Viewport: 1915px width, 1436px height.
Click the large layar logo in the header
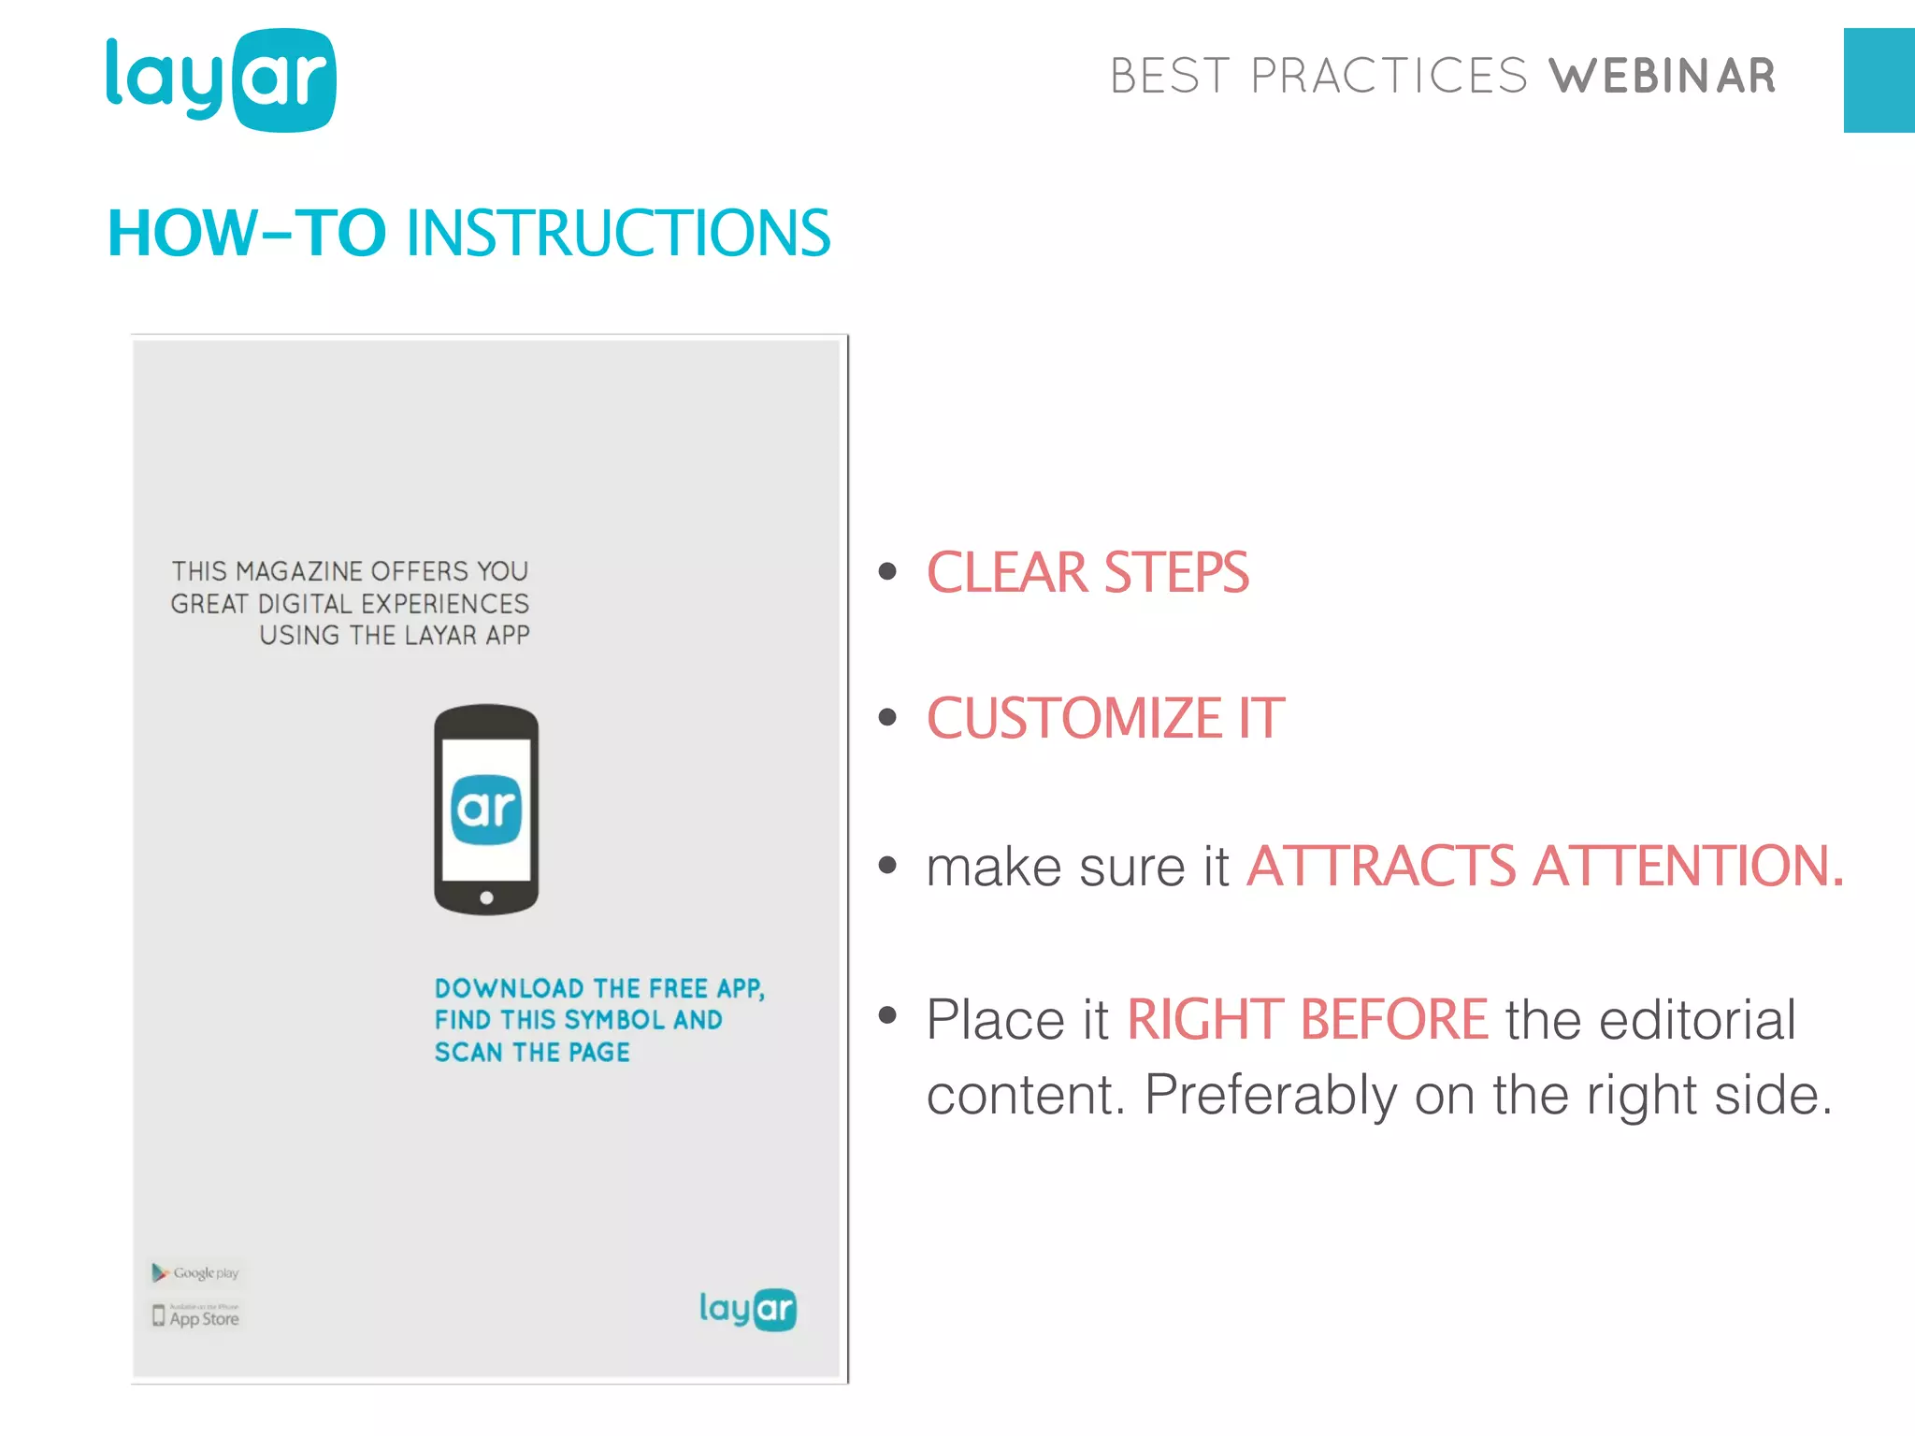(x=221, y=79)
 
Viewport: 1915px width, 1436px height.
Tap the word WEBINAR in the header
(x=1662, y=77)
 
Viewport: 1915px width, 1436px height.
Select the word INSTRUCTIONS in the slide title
(x=618, y=233)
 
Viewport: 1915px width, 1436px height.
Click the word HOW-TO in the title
(x=247, y=233)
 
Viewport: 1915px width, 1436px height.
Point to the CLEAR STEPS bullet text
(x=1087, y=572)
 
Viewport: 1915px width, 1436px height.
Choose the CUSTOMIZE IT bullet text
(x=1105, y=718)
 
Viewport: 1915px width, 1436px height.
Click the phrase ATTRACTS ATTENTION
(x=1545, y=866)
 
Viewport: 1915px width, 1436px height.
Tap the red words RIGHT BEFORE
(x=1307, y=1019)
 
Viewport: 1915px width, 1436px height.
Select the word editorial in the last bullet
(x=1697, y=1019)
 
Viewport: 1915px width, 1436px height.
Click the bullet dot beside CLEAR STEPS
(x=887, y=571)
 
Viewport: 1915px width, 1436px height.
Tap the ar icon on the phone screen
(x=486, y=809)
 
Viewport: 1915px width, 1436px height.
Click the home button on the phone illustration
(x=486, y=897)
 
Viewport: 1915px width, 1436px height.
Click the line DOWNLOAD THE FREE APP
(x=599, y=988)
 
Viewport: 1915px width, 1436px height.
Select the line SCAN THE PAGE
(x=532, y=1053)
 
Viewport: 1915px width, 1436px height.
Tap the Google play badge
(x=196, y=1272)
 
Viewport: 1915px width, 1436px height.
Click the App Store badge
(x=196, y=1316)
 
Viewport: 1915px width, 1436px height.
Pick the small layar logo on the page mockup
(x=747, y=1309)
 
